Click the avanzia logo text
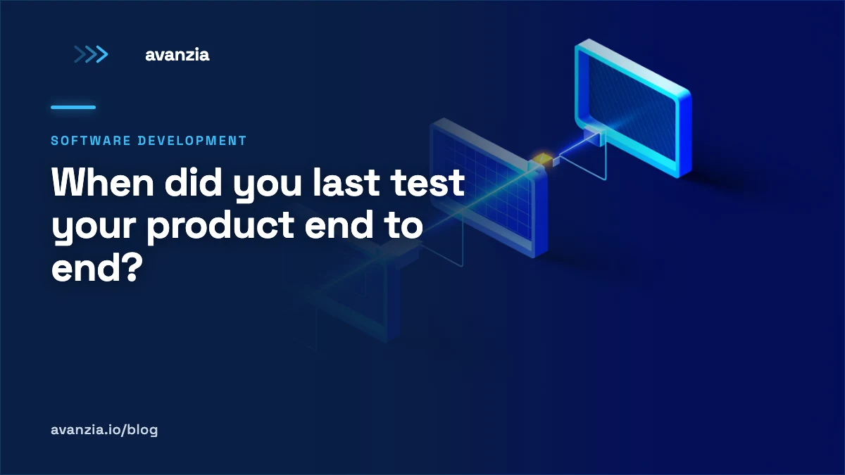pyautogui.click(x=177, y=55)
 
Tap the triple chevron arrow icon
pyautogui.click(x=91, y=54)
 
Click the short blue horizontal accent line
pyautogui.click(x=73, y=108)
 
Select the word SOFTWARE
pyautogui.click(x=91, y=141)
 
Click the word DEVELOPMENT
pyautogui.click(x=192, y=141)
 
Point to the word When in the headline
pyautogui.click(x=103, y=182)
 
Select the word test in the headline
pyautogui.click(x=427, y=183)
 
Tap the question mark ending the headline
pyautogui.click(x=132, y=267)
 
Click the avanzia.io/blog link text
pyautogui.click(x=104, y=430)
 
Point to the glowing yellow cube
pyautogui.click(x=543, y=160)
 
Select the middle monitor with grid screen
pyautogui.click(x=489, y=188)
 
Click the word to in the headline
pyautogui.click(x=403, y=225)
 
